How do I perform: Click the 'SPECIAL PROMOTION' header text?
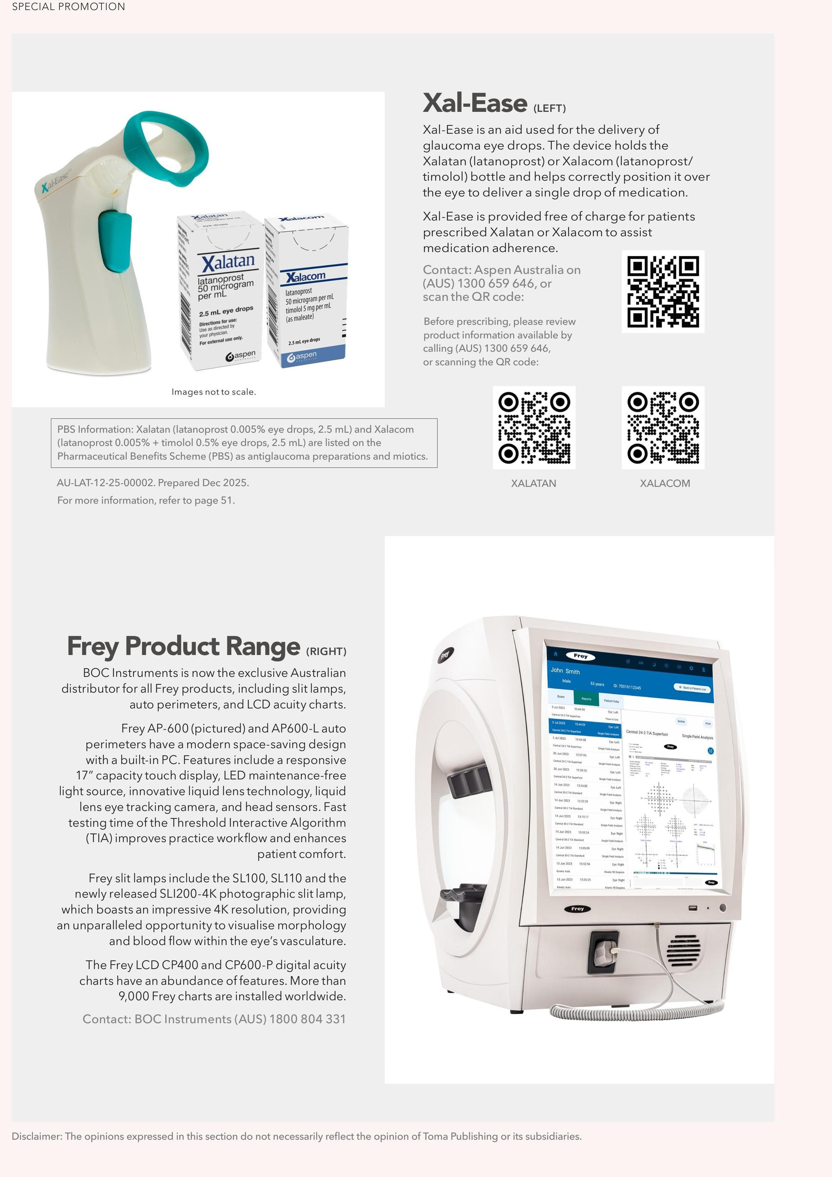pos(68,7)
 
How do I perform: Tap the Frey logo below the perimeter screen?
pos(577,908)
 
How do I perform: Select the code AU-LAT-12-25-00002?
pos(105,483)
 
